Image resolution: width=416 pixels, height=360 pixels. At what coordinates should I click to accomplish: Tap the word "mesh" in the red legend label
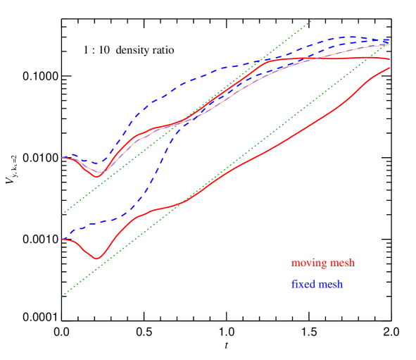(x=340, y=263)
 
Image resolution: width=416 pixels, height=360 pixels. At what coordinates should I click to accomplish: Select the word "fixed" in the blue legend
(x=303, y=285)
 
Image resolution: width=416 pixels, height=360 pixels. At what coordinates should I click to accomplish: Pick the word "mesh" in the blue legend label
(x=330, y=285)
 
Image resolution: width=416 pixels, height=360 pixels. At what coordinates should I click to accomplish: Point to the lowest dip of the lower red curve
(x=97, y=259)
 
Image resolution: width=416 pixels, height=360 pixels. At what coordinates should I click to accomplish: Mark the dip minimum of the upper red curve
(x=97, y=176)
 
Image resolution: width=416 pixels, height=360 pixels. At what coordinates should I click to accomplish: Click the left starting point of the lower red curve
(x=63, y=240)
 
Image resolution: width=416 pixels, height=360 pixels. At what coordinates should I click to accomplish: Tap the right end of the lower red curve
(x=389, y=68)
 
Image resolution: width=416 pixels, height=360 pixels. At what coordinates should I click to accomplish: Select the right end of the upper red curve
(x=389, y=59)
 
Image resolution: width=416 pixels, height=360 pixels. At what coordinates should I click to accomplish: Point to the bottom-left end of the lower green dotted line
(x=62, y=296)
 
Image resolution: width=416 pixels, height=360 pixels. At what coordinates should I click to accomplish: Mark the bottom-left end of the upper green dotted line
(x=62, y=213)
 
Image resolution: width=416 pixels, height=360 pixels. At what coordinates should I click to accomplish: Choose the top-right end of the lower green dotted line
(x=389, y=41)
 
